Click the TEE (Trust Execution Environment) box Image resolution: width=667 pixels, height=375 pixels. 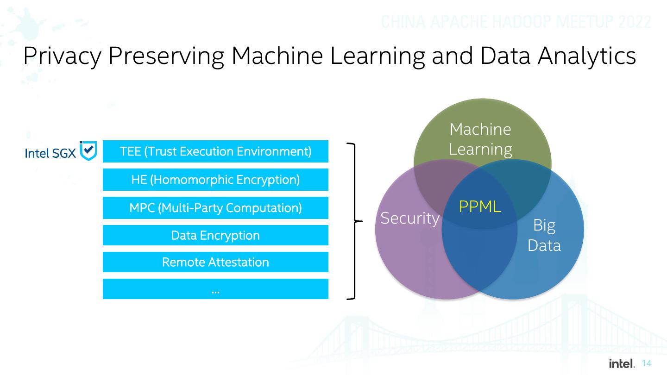215,151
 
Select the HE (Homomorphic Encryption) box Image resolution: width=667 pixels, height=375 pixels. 215,180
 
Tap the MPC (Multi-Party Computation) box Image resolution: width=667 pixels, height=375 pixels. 215,208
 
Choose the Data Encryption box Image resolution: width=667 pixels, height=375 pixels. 215,235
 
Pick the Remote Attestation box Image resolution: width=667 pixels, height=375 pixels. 215,262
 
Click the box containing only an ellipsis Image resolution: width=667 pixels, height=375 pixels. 215,289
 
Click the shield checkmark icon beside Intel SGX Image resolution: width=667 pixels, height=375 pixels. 88,151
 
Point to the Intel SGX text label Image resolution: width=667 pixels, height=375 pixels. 50,153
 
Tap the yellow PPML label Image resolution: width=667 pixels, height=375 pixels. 480,206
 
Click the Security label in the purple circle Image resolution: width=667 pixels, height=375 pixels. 409,218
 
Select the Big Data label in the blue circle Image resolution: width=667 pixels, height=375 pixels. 544,235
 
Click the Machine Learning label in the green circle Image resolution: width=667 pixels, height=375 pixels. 480,139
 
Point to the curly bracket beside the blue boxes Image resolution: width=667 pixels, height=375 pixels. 355,221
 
